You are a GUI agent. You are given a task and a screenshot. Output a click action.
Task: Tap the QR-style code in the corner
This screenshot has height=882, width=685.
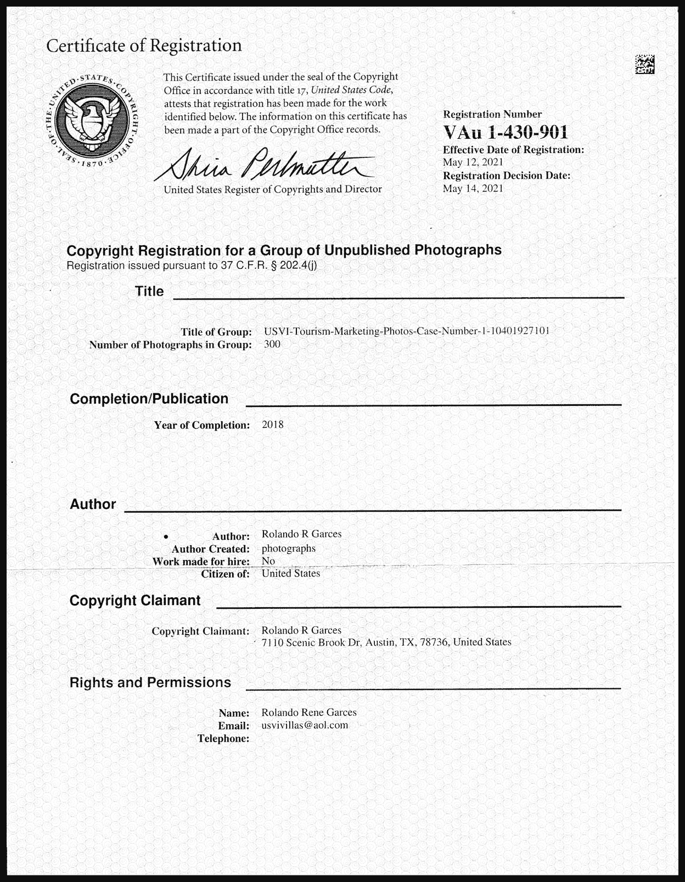click(x=645, y=64)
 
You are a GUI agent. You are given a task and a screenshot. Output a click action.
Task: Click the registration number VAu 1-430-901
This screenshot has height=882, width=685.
click(x=506, y=132)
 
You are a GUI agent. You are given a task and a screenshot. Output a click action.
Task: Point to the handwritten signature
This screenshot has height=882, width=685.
click(x=263, y=163)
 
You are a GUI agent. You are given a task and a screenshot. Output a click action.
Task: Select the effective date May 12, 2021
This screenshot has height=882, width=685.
click(x=473, y=162)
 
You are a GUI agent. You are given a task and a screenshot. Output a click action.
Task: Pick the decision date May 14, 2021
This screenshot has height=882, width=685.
click(x=473, y=189)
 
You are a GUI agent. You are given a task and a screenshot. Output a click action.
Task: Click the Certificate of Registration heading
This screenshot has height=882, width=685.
click(x=144, y=46)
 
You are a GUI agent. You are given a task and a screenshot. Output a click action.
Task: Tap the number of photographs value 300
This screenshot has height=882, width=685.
click(x=272, y=344)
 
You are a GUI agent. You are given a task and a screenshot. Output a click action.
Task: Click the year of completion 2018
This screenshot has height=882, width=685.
click(x=273, y=425)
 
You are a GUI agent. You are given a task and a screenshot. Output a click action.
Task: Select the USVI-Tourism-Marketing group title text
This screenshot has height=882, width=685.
click(x=406, y=331)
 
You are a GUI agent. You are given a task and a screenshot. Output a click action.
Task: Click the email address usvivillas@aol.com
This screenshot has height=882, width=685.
click(x=305, y=725)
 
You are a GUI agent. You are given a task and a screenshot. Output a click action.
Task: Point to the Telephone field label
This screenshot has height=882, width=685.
click(x=223, y=739)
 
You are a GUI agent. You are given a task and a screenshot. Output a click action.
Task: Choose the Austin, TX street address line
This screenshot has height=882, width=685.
click(x=386, y=642)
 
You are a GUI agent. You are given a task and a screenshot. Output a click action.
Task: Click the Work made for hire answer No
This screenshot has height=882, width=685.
click(x=268, y=561)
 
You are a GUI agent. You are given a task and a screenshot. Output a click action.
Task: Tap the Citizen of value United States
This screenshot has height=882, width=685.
click(x=290, y=574)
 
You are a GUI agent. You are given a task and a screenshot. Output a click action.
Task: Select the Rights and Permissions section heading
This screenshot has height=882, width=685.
click(x=150, y=683)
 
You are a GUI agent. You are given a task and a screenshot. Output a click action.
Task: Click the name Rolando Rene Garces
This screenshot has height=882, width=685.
click(x=308, y=713)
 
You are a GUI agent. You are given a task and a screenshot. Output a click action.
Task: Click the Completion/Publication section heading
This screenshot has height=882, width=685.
click(x=149, y=399)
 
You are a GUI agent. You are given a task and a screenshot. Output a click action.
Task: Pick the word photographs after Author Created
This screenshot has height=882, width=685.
click(x=288, y=549)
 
